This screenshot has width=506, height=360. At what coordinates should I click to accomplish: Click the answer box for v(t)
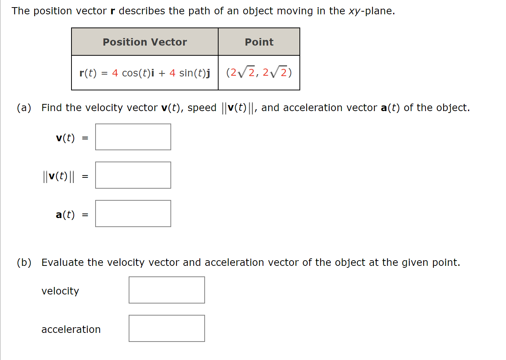133,137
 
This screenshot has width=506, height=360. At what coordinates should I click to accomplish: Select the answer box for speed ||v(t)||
133,175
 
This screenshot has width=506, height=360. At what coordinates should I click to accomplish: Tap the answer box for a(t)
133,214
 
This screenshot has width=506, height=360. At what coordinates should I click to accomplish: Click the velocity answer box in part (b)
167,290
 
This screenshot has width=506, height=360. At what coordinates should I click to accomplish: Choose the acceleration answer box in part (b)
167,328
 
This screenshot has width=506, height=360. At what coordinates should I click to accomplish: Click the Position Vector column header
145,42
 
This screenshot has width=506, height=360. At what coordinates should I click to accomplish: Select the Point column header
259,42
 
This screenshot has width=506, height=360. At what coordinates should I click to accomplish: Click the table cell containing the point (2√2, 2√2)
259,73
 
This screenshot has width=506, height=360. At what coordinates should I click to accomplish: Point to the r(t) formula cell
145,73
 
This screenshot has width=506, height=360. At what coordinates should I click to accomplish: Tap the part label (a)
24,108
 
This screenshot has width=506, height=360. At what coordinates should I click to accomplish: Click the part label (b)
24,262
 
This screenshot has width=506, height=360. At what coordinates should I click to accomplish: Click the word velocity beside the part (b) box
60,291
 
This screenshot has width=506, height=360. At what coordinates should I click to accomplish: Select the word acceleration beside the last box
71,329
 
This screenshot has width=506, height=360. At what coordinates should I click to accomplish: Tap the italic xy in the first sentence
354,11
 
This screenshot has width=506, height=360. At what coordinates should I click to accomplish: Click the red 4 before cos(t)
115,73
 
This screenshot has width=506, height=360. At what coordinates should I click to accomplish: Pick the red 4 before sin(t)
172,73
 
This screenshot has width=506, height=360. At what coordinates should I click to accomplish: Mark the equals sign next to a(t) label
85,215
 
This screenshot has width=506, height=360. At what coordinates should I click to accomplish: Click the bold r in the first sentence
112,11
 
